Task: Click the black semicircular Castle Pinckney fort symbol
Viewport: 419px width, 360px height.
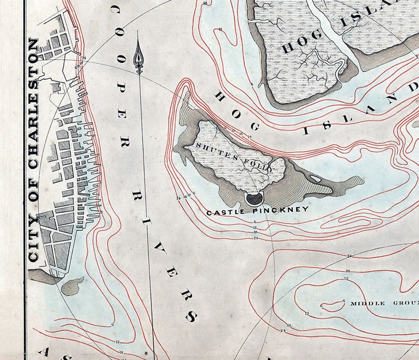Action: coord(254,198)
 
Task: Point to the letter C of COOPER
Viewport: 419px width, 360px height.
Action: coord(114,9)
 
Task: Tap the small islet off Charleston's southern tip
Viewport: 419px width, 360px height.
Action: coord(72,286)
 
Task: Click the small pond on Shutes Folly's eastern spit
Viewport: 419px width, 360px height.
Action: coord(316,178)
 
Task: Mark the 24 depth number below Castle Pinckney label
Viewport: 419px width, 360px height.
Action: coord(255,238)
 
